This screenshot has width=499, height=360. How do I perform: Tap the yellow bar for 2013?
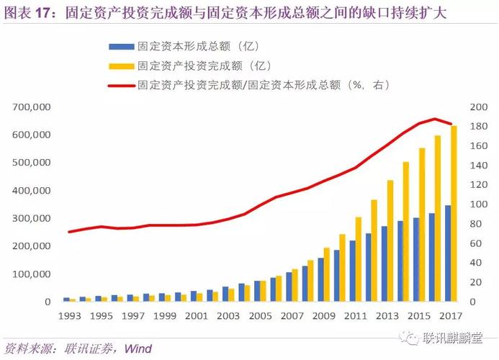click(x=390, y=240)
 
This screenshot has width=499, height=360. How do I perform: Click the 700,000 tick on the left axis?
click(x=31, y=107)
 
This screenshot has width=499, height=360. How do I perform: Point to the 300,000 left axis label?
click(x=31, y=218)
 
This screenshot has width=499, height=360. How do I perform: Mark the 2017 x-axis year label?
click(x=451, y=316)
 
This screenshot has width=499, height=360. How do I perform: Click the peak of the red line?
click(x=435, y=119)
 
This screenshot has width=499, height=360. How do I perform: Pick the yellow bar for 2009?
click(x=327, y=276)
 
